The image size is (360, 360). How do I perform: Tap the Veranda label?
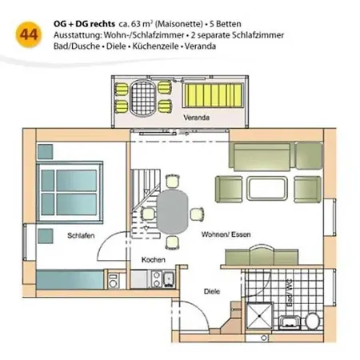tap(196, 118)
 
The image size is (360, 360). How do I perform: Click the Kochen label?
tap(154, 260)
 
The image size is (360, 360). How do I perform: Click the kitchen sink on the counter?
tap(170, 280)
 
